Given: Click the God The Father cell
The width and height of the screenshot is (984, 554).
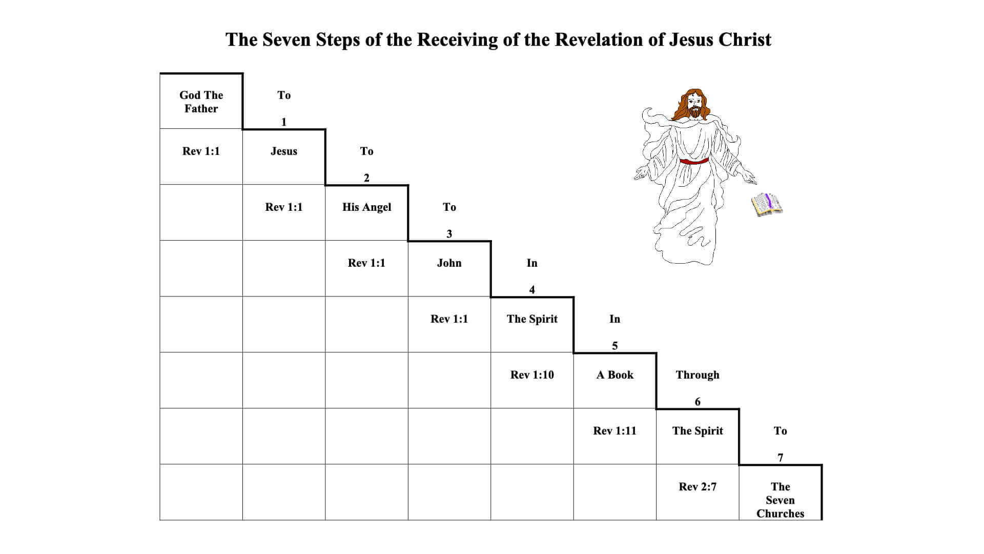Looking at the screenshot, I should coord(201,102).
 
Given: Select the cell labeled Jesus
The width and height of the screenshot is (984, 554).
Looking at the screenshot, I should coord(283,151).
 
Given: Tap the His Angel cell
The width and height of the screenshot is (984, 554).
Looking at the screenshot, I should coord(366,207).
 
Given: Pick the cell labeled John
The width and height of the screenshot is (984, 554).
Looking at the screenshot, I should coord(449,263).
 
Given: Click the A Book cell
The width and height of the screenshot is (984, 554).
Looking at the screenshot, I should coord(614,375).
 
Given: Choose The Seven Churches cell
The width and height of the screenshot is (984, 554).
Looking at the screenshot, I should coord(780,500).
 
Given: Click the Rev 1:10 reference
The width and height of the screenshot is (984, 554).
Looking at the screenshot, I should coord(532,375).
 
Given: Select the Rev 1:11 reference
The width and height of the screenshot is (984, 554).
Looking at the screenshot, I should coord(614,431).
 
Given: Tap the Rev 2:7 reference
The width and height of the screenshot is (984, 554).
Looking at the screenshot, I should coord(698,487).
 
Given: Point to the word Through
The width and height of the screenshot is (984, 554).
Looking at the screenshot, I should coord(698,375).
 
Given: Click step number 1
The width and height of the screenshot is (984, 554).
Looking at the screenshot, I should coord(283,122).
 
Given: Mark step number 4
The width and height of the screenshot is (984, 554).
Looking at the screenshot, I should coord(532,290).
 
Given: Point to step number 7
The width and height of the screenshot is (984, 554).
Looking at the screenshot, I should coord(780,458).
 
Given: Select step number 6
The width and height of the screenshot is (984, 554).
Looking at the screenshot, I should coord(698,402).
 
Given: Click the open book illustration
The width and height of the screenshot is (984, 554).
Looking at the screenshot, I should coord(767,204).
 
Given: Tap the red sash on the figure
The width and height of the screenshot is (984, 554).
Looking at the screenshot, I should coord(694,161).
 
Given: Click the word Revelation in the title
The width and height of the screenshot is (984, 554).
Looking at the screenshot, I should coord(599,40).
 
